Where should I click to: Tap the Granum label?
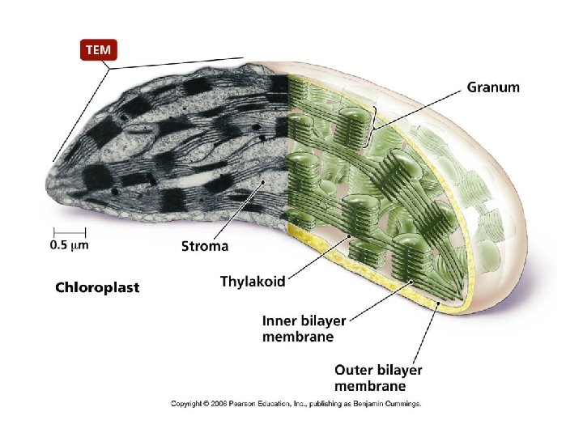pyautogui.click(x=493, y=87)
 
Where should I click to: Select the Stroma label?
pyautogui.click(x=204, y=245)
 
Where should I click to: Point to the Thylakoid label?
pyautogui.click(x=253, y=281)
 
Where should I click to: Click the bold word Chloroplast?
pyautogui.click(x=96, y=287)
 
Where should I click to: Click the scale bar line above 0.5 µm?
pyautogui.click(x=69, y=231)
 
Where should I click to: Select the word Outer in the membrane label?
pyautogui.click(x=355, y=369)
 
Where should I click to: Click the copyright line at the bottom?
pyautogui.click(x=296, y=402)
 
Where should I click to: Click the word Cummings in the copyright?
pyautogui.click(x=402, y=402)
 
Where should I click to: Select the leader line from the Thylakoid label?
pyautogui.click(x=320, y=255)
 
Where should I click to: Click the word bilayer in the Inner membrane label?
pyautogui.click(x=322, y=321)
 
